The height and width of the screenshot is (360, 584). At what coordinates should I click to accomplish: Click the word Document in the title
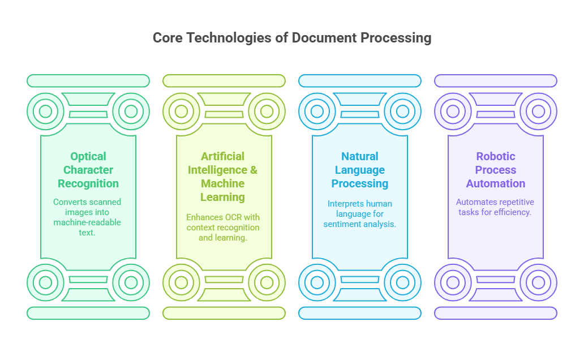tap(324, 37)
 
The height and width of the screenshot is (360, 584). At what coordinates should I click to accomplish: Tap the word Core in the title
tap(168, 37)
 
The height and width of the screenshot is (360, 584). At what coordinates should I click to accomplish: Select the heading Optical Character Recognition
tap(88, 170)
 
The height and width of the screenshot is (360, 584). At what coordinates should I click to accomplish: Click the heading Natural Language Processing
tap(360, 170)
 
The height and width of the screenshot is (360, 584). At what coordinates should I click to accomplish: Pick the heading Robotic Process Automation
tap(496, 170)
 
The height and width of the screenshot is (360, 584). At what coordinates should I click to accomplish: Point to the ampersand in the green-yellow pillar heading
tap(254, 170)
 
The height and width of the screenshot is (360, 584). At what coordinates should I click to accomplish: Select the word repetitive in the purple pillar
tap(517, 202)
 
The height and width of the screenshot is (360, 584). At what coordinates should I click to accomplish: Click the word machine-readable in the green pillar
tap(87, 222)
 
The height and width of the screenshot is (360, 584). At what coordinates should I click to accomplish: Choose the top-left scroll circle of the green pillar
tap(45, 111)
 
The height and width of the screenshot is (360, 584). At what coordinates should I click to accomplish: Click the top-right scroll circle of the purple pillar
tap(539, 111)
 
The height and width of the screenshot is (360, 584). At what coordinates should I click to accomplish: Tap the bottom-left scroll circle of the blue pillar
tap(317, 282)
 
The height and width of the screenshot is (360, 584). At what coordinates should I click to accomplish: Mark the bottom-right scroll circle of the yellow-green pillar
tap(267, 282)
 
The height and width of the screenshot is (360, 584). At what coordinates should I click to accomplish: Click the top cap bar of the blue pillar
tap(360, 81)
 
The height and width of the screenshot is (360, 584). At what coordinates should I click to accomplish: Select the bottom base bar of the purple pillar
tap(496, 313)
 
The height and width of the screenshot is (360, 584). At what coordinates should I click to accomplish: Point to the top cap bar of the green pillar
tap(88, 81)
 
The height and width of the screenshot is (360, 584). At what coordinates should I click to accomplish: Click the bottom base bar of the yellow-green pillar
tap(224, 313)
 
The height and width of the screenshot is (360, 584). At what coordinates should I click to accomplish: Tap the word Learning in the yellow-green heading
tap(223, 197)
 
